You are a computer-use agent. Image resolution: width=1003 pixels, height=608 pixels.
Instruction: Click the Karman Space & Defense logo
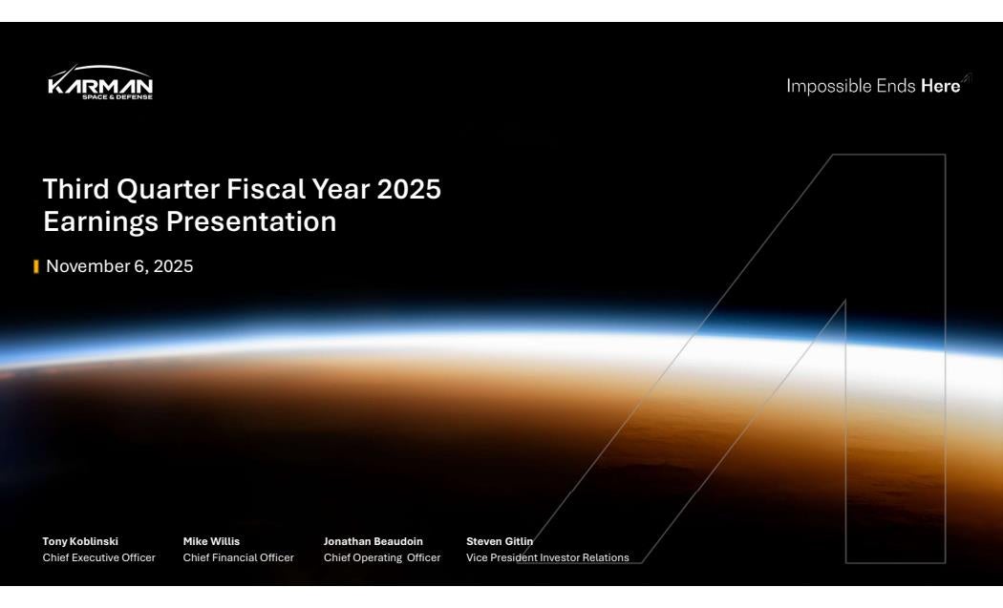pos(100,82)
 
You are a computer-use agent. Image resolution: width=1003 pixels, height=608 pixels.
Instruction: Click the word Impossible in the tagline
pos(829,86)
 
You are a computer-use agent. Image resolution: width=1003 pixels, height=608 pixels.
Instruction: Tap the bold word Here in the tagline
pos(940,86)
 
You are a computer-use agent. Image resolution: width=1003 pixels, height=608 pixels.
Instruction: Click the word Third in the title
pos(76,189)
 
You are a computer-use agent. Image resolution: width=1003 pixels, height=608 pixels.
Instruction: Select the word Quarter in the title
pos(168,189)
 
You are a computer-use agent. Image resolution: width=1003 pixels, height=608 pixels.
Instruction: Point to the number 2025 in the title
pos(409,189)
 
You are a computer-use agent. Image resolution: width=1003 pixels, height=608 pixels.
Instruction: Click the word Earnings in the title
pos(100,221)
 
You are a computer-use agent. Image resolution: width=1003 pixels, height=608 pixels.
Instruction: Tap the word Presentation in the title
pos(251,221)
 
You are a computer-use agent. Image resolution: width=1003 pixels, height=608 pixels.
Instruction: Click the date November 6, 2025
pos(119,266)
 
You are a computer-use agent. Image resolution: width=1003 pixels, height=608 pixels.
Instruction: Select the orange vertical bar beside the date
pos(36,266)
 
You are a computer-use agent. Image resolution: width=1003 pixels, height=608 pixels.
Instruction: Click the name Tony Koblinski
pos(80,541)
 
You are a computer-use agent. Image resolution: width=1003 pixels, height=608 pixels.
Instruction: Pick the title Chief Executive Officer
pos(99,557)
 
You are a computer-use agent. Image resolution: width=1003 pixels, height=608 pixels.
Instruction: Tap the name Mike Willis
pos(211,541)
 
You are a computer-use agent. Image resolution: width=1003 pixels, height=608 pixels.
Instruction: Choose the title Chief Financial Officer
pos(239,557)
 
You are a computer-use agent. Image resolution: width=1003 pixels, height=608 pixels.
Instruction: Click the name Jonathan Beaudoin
pos(373,541)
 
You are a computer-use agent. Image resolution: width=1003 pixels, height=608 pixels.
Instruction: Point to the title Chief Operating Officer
pos(382,557)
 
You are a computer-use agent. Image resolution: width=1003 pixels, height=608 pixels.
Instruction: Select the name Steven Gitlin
pos(500,541)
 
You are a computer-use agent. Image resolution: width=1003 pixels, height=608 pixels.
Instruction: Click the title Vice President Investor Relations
pos(547,557)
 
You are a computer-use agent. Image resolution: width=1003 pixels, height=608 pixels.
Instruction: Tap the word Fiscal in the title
pos(267,189)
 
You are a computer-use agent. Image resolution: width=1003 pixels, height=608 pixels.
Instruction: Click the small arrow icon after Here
pos(966,78)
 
